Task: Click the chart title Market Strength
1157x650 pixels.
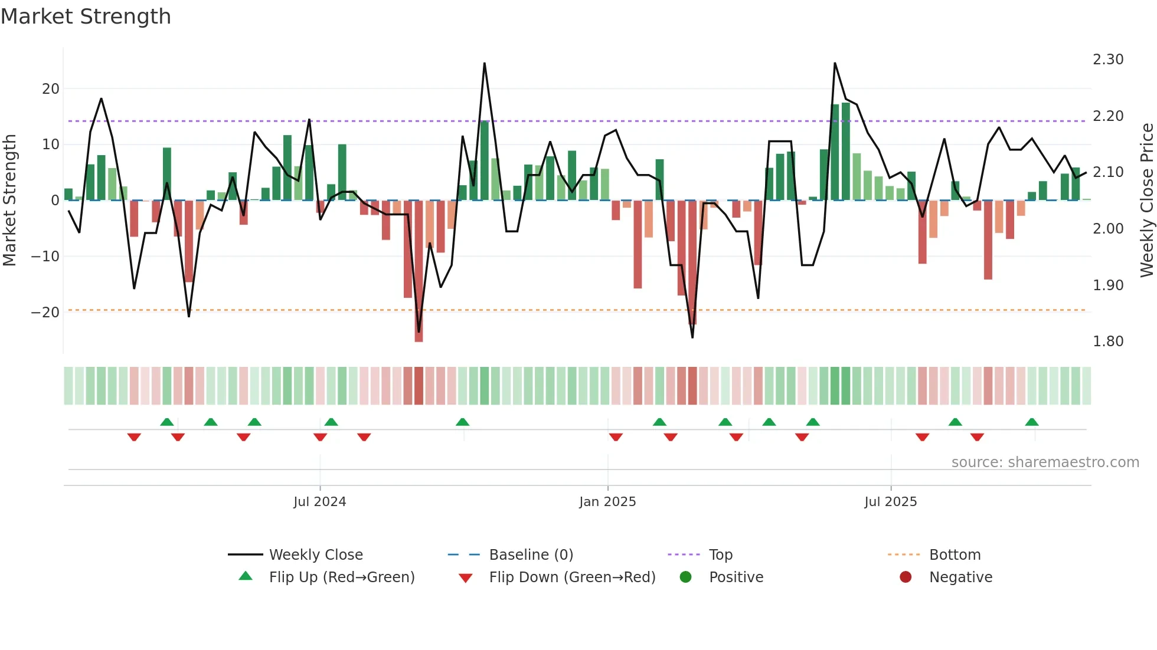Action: [86, 17]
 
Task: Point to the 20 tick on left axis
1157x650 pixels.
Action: [51, 89]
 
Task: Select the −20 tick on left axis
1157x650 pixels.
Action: [45, 313]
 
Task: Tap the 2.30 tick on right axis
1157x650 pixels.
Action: [1107, 60]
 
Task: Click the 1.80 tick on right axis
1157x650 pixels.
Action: [1107, 342]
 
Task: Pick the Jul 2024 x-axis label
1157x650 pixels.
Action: [319, 502]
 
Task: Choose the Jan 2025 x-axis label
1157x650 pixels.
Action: [607, 502]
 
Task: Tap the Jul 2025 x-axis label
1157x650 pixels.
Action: [890, 502]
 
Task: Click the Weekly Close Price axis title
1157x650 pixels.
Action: [1146, 201]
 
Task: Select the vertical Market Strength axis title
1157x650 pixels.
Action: [9, 201]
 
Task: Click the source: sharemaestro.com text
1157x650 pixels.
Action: [1045, 462]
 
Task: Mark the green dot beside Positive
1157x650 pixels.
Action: [685, 577]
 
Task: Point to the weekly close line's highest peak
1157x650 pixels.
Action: [485, 64]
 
